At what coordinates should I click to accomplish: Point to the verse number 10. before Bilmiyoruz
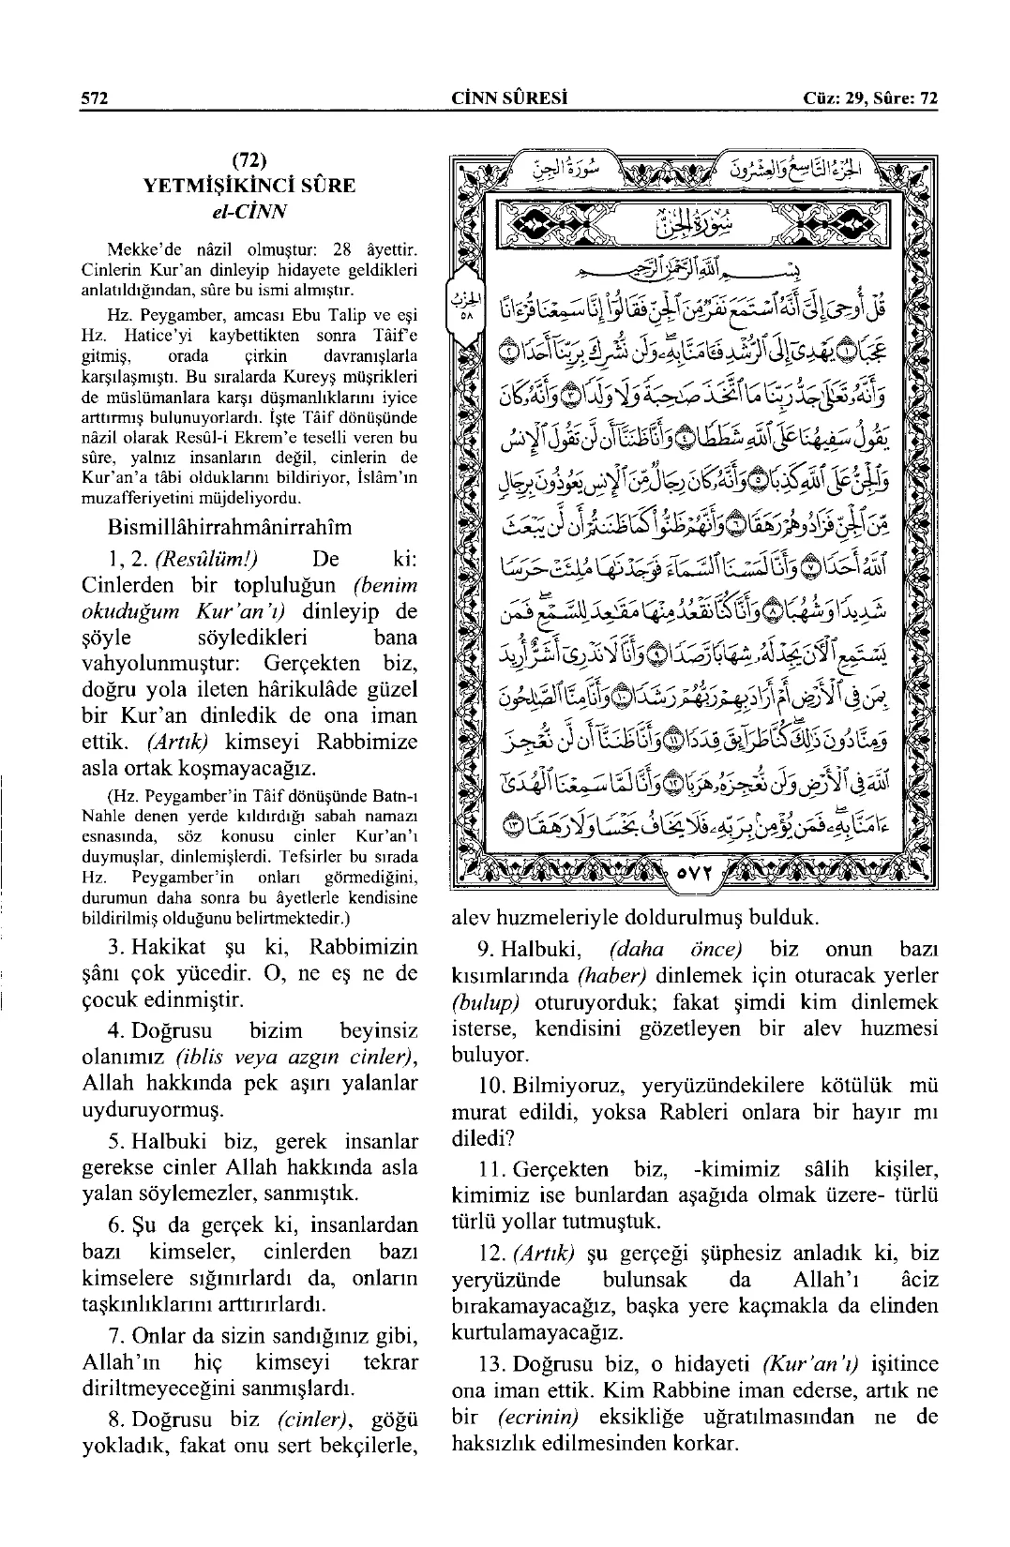click(489, 1087)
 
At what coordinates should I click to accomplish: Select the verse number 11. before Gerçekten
click(489, 1169)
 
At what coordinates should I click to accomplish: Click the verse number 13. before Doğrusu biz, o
click(489, 1364)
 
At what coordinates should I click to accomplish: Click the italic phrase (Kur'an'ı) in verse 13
click(799, 1364)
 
